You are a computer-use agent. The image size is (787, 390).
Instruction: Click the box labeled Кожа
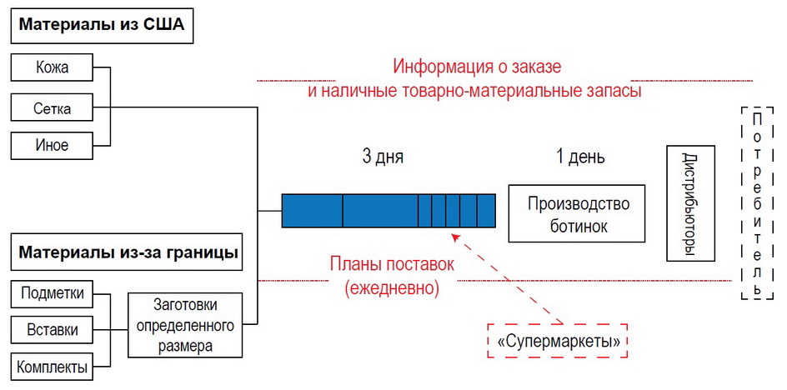(x=52, y=68)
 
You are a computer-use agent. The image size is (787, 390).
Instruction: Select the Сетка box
(x=52, y=107)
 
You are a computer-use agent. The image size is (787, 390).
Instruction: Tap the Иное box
(x=52, y=145)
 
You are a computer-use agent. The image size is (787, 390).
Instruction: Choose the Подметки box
(x=52, y=293)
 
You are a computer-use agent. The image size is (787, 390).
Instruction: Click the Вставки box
(x=52, y=330)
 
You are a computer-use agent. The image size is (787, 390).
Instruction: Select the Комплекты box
(x=52, y=367)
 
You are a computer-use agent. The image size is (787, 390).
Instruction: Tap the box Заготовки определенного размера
(x=184, y=325)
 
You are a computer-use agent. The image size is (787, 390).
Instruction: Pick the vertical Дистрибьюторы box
(x=690, y=202)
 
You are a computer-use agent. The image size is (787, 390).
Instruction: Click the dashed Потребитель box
(x=756, y=202)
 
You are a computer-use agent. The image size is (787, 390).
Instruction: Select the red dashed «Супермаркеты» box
(x=557, y=341)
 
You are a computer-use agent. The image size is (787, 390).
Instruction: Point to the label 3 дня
(x=383, y=157)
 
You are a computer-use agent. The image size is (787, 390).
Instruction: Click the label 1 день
(x=580, y=157)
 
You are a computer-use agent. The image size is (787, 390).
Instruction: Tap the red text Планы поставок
(x=392, y=265)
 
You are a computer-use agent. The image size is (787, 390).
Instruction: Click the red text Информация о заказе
(x=478, y=67)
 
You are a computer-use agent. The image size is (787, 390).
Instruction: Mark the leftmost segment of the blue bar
(x=312, y=210)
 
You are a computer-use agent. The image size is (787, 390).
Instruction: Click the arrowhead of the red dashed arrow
(x=454, y=236)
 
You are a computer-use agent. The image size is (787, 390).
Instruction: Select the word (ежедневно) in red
(x=392, y=288)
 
